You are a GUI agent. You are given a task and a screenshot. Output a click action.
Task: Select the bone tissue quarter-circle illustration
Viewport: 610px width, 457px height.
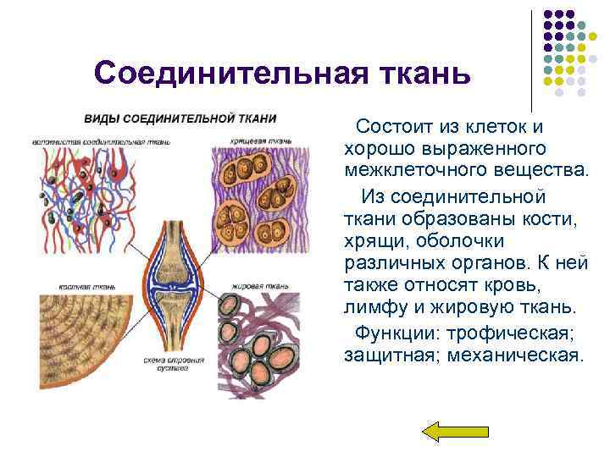click(x=80, y=339)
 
